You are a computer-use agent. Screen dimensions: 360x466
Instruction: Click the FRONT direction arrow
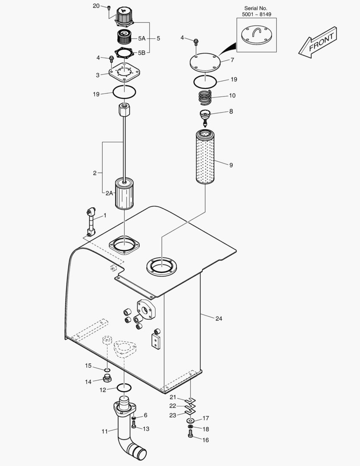point(318,42)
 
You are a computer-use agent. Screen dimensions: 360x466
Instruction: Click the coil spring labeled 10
point(205,97)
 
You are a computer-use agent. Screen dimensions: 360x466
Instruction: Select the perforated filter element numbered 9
point(205,157)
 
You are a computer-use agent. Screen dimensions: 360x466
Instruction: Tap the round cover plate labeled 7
point(205,63)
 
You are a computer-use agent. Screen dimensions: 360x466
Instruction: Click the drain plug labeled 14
point(107,379)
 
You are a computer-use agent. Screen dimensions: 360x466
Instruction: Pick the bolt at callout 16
point(191,435)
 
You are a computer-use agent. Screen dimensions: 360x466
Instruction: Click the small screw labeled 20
point(109,7)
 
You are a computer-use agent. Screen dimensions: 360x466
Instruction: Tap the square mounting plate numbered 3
point(124,72)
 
